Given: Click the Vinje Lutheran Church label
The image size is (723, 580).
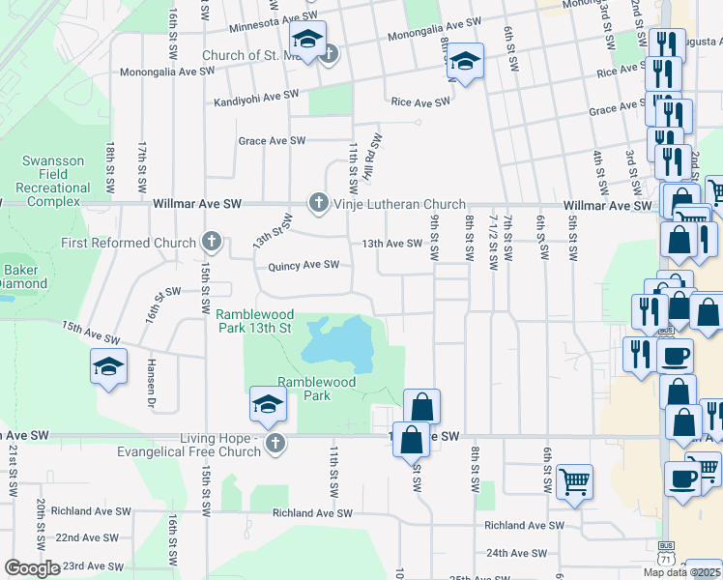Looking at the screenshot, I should point(399,204).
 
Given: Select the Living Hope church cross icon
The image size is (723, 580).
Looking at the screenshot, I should point(275,444).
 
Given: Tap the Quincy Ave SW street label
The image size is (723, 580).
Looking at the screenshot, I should point(304,265).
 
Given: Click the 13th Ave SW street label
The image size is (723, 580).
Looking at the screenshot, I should point(392,245).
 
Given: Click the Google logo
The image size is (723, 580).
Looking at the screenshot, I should point(31,568).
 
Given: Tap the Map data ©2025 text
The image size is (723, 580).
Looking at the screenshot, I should point(681,572).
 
